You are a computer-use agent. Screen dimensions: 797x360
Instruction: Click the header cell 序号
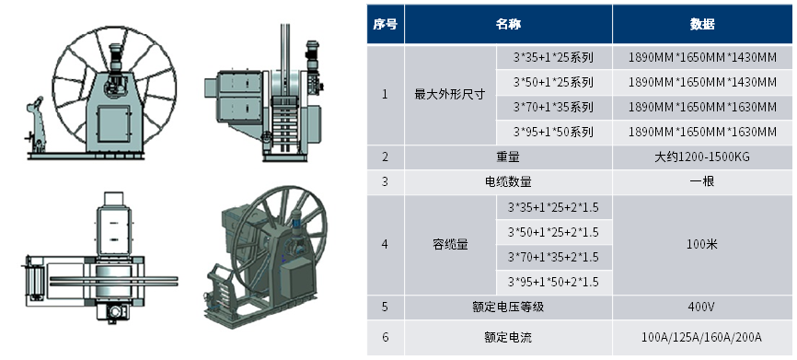tap(386, 24)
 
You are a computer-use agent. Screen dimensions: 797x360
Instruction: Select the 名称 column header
tap(508, 24)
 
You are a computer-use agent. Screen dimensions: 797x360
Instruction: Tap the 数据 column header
tap(702, 24)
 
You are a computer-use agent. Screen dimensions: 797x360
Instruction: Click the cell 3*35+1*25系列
tap(553, 57)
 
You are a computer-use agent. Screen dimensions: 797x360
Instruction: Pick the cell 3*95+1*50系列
tap(553, 133)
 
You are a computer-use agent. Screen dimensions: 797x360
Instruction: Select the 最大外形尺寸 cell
tap(450, 95)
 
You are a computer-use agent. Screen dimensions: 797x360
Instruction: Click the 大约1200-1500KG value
tap(702, 157)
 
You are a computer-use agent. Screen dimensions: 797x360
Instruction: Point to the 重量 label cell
tap(508, 157)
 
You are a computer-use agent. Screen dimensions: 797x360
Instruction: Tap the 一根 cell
tap(702, 181)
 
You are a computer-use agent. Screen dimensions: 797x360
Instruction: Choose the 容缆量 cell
tap(450, 245)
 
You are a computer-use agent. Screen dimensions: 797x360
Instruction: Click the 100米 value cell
tap(702, 245)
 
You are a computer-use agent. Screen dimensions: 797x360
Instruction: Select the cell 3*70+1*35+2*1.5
tap(553, 257)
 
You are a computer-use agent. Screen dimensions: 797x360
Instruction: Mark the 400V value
tap(702, 308)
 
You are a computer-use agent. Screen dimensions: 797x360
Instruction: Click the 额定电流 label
tap(508, 337)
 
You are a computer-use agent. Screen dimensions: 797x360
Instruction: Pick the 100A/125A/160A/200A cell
tap(702, 337)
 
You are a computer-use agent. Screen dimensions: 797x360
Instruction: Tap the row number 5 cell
tap(386, 308)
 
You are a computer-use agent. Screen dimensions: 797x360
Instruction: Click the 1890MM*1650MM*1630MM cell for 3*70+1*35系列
tap(702, 108)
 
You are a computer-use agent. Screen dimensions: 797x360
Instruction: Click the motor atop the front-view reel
tap(116, 57)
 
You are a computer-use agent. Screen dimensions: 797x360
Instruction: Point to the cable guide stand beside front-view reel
tap(37, 124)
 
